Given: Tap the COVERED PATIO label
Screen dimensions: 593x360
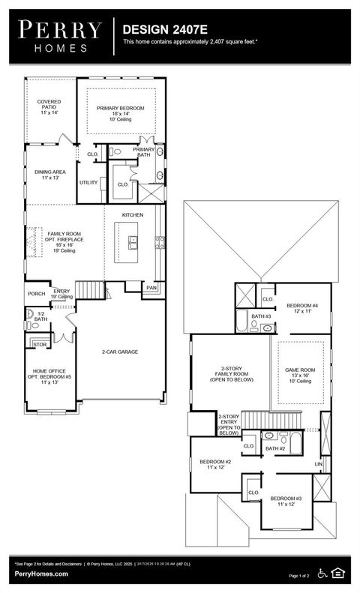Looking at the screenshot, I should (x=49, y=104).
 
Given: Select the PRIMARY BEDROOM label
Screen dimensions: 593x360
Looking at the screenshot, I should (x=120, y=108).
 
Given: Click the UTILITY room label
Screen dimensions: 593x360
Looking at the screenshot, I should (x=88, y=182).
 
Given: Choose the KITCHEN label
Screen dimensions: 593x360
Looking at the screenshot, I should (x=133, y=215).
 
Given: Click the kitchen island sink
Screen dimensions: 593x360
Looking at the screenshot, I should (x=133, y=241).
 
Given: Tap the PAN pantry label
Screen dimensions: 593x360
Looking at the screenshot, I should (x=151, y=287).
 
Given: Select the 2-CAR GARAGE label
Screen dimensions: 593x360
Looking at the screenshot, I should (x=120, y=352).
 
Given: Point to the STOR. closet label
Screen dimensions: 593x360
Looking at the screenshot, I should (x=39, y=345).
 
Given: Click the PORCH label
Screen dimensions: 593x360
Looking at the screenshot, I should (x=36, y=294).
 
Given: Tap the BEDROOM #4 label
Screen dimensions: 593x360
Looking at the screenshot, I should (x=304, y=306).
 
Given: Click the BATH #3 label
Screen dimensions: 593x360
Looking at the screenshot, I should (x=260, y=316).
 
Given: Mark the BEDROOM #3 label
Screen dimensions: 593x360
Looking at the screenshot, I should (x=286, y=499).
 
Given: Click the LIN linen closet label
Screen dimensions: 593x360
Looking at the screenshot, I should (x=318, y=465).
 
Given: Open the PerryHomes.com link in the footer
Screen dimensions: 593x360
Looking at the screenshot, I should (x=41, y=574).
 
